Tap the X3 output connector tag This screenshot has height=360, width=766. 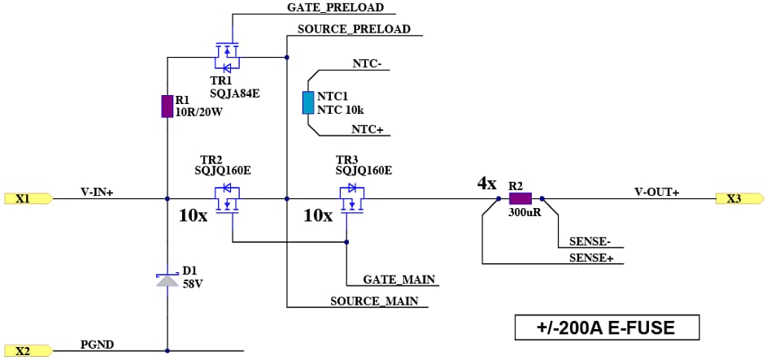click(739, 198)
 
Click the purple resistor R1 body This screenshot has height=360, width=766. click(167, 106)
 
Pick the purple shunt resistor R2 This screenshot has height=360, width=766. click(520, 197)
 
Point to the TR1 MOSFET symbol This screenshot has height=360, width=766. click(225, 56)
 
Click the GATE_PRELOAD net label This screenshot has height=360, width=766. click(335, 7)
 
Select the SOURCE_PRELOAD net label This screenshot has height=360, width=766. click(354, 28)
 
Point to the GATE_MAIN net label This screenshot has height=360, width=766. click(399, 280)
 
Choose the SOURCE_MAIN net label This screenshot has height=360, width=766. click(374, 301)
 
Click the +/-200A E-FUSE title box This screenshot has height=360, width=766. click(606, 327)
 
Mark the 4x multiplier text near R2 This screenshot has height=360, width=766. click(486, 184)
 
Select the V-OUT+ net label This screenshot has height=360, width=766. click(656, 192)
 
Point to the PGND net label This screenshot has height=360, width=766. click(97, 345)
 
